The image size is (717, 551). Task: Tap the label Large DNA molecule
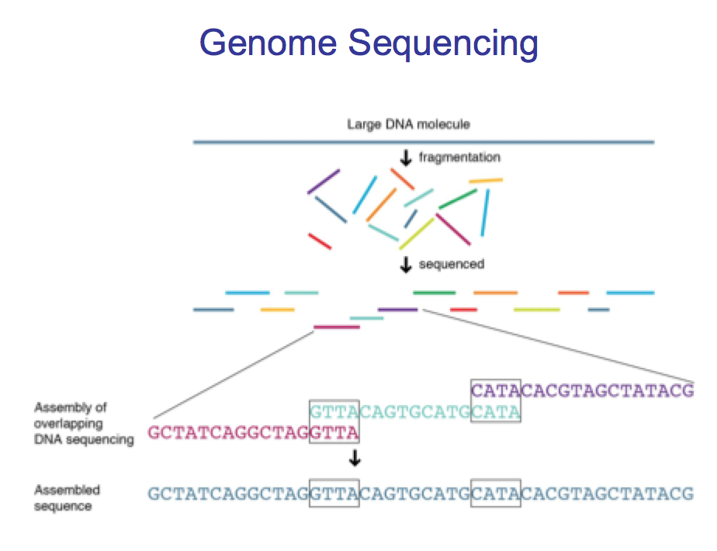(x=408, y=124)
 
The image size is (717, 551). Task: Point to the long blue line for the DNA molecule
(x=424, y=142)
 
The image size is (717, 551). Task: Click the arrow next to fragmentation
(x=405, y=158)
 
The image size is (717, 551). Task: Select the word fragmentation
(x=459, y=158)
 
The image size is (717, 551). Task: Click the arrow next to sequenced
(x=405, y=265)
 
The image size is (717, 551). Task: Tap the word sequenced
(x=452, y=264)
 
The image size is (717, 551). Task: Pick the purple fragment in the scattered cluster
(x=324, y=182)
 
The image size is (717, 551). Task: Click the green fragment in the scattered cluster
(x=457, y=199)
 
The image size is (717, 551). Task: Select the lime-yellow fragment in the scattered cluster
(x=417, y=233)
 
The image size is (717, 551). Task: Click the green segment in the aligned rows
(x=434, y=293)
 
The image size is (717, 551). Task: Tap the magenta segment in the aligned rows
(x=336, y=327)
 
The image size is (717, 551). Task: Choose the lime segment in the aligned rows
(x=536, y=310)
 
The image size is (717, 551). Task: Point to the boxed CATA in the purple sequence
(x=496, y=390)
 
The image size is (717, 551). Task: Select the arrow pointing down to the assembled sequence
(x=355, y=459)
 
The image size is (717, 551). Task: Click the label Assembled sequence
(x=67, y=498)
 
